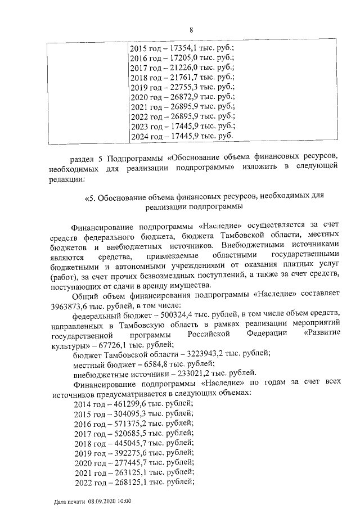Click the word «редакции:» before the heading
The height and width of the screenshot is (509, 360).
point(67,179)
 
